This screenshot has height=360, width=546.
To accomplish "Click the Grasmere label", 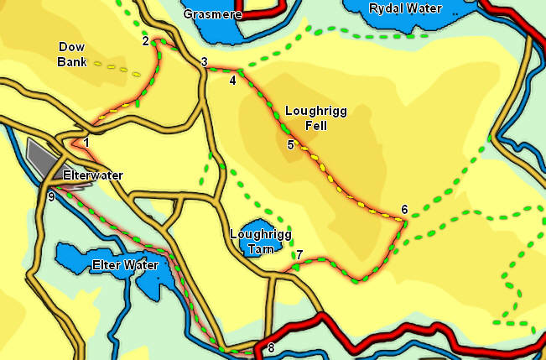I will click(x=211, y=14).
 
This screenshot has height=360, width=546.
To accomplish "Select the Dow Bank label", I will click(x=72, y=54).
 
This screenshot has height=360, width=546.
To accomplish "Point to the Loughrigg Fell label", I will click(x=315, y=118).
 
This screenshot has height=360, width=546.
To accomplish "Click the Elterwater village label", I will click(x=93, y=175).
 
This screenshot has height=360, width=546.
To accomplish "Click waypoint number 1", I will click(x=86, y=143).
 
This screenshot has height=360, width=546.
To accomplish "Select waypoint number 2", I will click(x=146, y=40).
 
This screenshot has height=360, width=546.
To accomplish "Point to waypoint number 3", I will click(x=204, y=62).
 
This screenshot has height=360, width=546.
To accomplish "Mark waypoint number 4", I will click(x=232, y=81).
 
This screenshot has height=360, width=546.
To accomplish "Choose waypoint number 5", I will click(x=290, y=145).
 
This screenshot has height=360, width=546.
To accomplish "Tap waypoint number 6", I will click(x=404, y=209).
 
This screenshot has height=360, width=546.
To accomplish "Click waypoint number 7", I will click(x=299, y=254).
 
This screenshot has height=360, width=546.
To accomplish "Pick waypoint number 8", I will click(x=270, y=347).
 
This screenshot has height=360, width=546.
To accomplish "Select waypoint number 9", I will click(x=51, y=196).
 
